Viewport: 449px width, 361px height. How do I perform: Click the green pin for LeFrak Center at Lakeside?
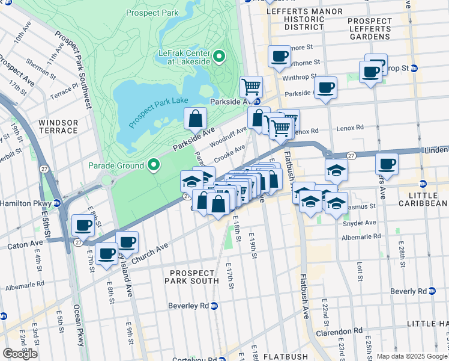click(x=219, y=57)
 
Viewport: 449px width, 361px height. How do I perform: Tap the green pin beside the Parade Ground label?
click(x=154, y=165)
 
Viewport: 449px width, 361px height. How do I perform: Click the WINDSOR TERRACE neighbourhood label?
click(x=58, y=126)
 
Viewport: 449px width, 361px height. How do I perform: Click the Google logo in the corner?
click(x=20, y=354)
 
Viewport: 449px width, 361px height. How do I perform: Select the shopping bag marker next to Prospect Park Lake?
click(x=196, y=119)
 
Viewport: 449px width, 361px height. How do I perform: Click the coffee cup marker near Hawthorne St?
click(x=279, y=57)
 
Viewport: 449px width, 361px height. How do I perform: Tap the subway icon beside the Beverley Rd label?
click(x=215, y=306)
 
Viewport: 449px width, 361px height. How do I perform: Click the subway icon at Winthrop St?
click(x=414, y=69)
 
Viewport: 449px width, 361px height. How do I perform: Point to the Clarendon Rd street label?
click(x=342, y=330)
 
